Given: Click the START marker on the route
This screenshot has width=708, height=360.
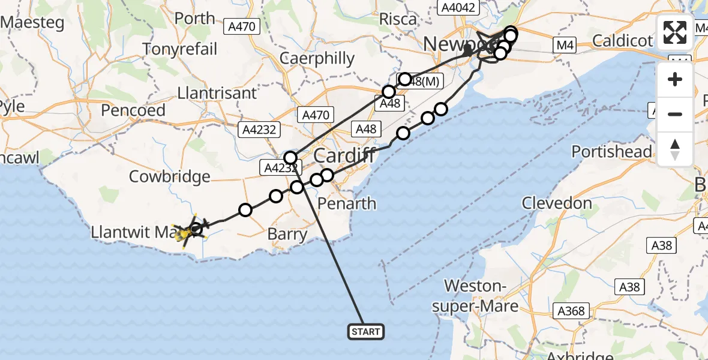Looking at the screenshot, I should (x=365, y=331).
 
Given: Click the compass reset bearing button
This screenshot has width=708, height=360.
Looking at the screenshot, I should (x=675, y=149).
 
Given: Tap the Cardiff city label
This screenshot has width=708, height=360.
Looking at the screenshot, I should (x=344, y=156).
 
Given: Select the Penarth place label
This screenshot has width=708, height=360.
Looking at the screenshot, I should (x=347, y=203).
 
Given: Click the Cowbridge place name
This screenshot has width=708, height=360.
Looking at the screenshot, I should (x=170, y=176).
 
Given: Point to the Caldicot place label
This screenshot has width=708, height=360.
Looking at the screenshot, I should (x=622, y=41).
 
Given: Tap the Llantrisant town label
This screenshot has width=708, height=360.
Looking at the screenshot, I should (x=217, y=93).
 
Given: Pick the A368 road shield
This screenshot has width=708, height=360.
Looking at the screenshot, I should (x=570, y=311).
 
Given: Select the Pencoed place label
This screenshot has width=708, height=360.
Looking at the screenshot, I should (x=133, y=110).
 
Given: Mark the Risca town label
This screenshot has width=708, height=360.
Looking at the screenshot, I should (x=398, y=19).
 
